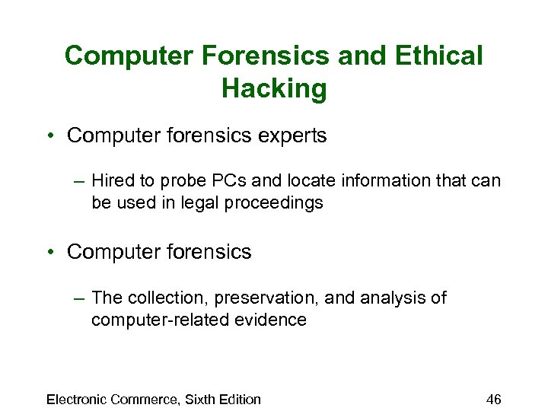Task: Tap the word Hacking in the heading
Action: click(274, 89)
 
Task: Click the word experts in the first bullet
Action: click(294, 136)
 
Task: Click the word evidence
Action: click(271, 320)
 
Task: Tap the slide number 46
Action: click(494, 400)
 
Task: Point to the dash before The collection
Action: click(78, 298)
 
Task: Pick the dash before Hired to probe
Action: click(78, 181)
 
